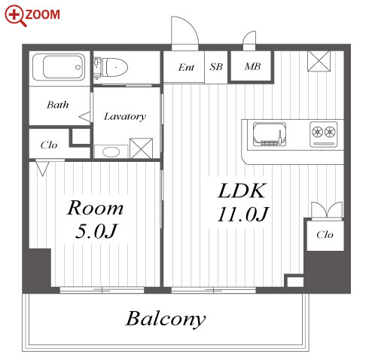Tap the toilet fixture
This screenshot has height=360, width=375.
tap(111, 68)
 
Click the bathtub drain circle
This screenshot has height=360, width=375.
tap(78, 67)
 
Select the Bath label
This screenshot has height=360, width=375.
tap(58, 105)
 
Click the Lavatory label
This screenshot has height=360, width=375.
tap(125, 117)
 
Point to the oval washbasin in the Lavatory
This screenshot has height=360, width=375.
tap(111, 152)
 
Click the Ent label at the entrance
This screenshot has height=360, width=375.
tap(186, 67)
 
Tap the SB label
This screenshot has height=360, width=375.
tap(216, 66)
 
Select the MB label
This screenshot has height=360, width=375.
tap(252, 66)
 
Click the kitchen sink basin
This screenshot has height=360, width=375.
tap(270, 134)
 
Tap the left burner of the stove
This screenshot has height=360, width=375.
tap(317, 132)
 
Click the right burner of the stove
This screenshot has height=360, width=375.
tap(330, 132)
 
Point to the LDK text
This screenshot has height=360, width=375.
tap(242, 191)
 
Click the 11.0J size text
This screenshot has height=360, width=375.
tap(243, 214)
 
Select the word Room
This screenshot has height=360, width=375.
tap(95, 208)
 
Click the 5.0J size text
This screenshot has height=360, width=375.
tap(96, 231)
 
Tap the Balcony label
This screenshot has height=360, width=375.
tap(166, 319)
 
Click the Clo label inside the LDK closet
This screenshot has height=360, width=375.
tap(325, 235)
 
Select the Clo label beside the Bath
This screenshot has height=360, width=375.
tap(49, 145)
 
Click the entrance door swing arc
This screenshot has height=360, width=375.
tap(191, 25)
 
